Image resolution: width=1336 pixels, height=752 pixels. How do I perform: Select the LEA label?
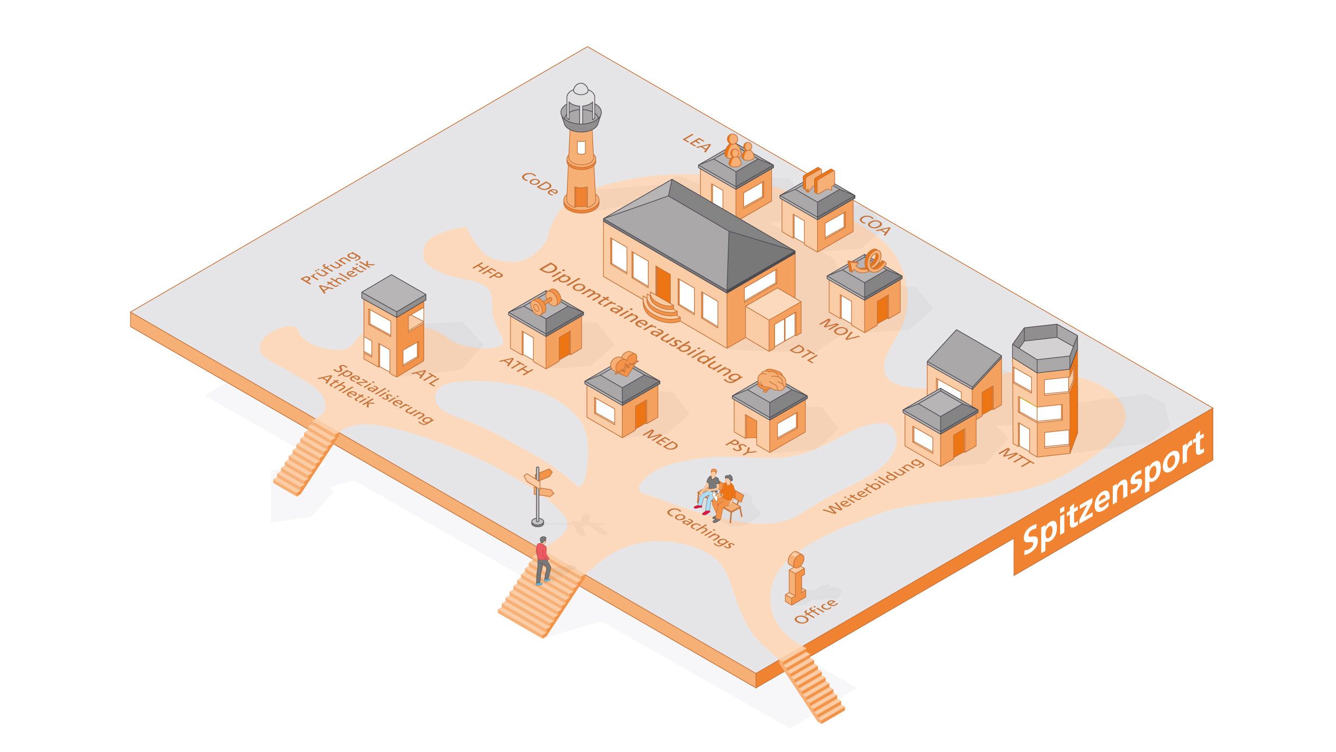(x=697, y=142)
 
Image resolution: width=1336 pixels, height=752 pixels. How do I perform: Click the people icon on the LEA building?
(x=738, y=150)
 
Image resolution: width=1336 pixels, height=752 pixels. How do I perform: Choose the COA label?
(x=875, y=225)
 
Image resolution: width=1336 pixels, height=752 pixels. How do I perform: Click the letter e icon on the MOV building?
(x=868, y=261)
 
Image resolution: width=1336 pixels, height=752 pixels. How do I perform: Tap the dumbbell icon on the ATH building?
(x=545, y=302)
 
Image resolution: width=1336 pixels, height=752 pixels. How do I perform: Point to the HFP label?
(x=487, y=270)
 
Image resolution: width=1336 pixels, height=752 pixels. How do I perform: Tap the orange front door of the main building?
(x=663, y=283)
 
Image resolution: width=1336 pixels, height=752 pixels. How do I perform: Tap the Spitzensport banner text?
(x=1113, y=493)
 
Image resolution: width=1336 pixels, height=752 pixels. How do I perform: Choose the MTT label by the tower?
(x=1016, y=456)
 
